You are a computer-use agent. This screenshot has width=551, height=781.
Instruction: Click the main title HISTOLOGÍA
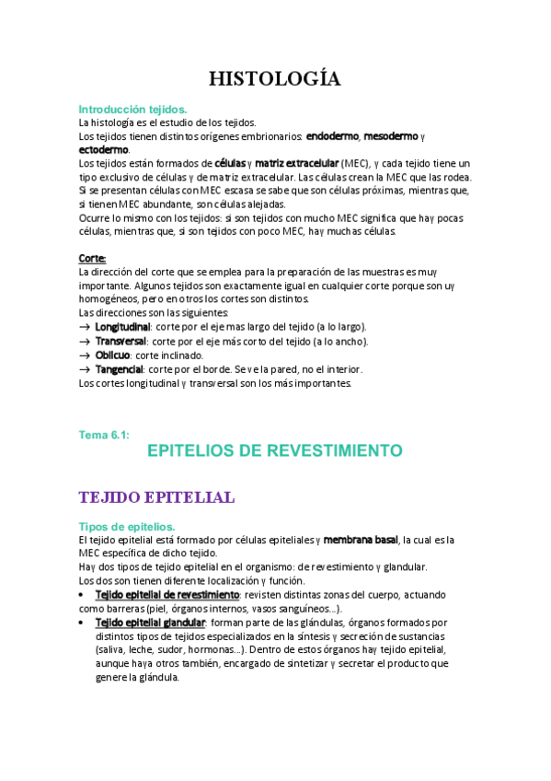275,78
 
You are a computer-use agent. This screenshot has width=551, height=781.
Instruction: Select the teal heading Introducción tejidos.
133,109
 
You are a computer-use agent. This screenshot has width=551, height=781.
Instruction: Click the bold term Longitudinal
122,327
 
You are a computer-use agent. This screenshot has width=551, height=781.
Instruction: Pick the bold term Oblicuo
114,355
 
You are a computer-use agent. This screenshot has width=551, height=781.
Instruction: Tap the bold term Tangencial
119,368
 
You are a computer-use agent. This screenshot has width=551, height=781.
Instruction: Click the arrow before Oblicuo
85,355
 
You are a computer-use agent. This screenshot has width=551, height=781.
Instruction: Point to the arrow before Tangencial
85,368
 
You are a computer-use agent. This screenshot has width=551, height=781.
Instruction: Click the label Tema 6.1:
104,435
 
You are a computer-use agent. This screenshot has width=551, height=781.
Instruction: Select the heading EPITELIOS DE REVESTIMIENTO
275,450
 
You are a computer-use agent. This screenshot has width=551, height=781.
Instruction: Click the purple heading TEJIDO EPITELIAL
156,497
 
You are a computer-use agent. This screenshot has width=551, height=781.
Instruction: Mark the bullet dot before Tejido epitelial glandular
84,623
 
